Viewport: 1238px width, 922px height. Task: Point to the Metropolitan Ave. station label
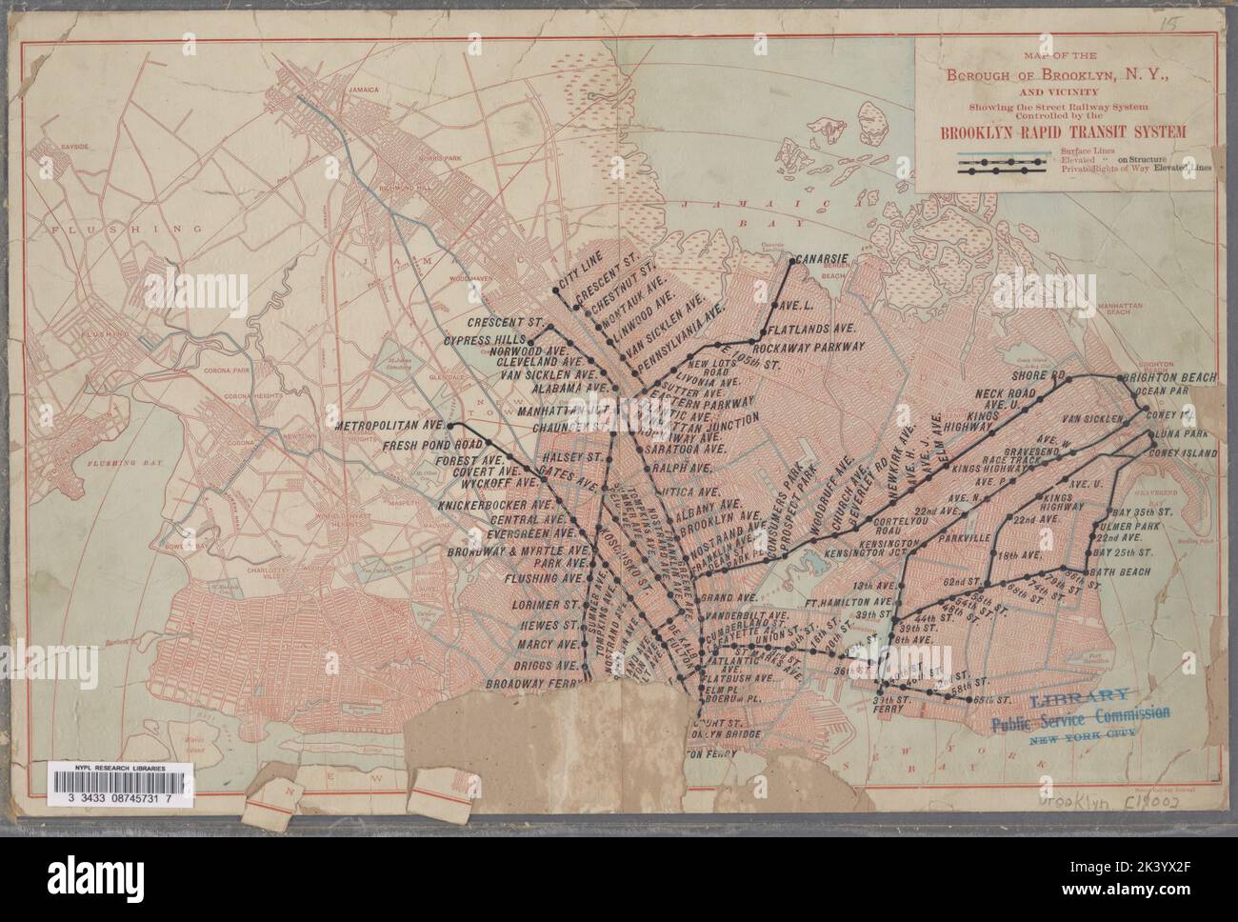coord(390,427)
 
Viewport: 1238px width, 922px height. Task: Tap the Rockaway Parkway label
coord(815,345)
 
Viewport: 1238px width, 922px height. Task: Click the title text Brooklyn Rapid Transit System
coord(1061,132)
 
